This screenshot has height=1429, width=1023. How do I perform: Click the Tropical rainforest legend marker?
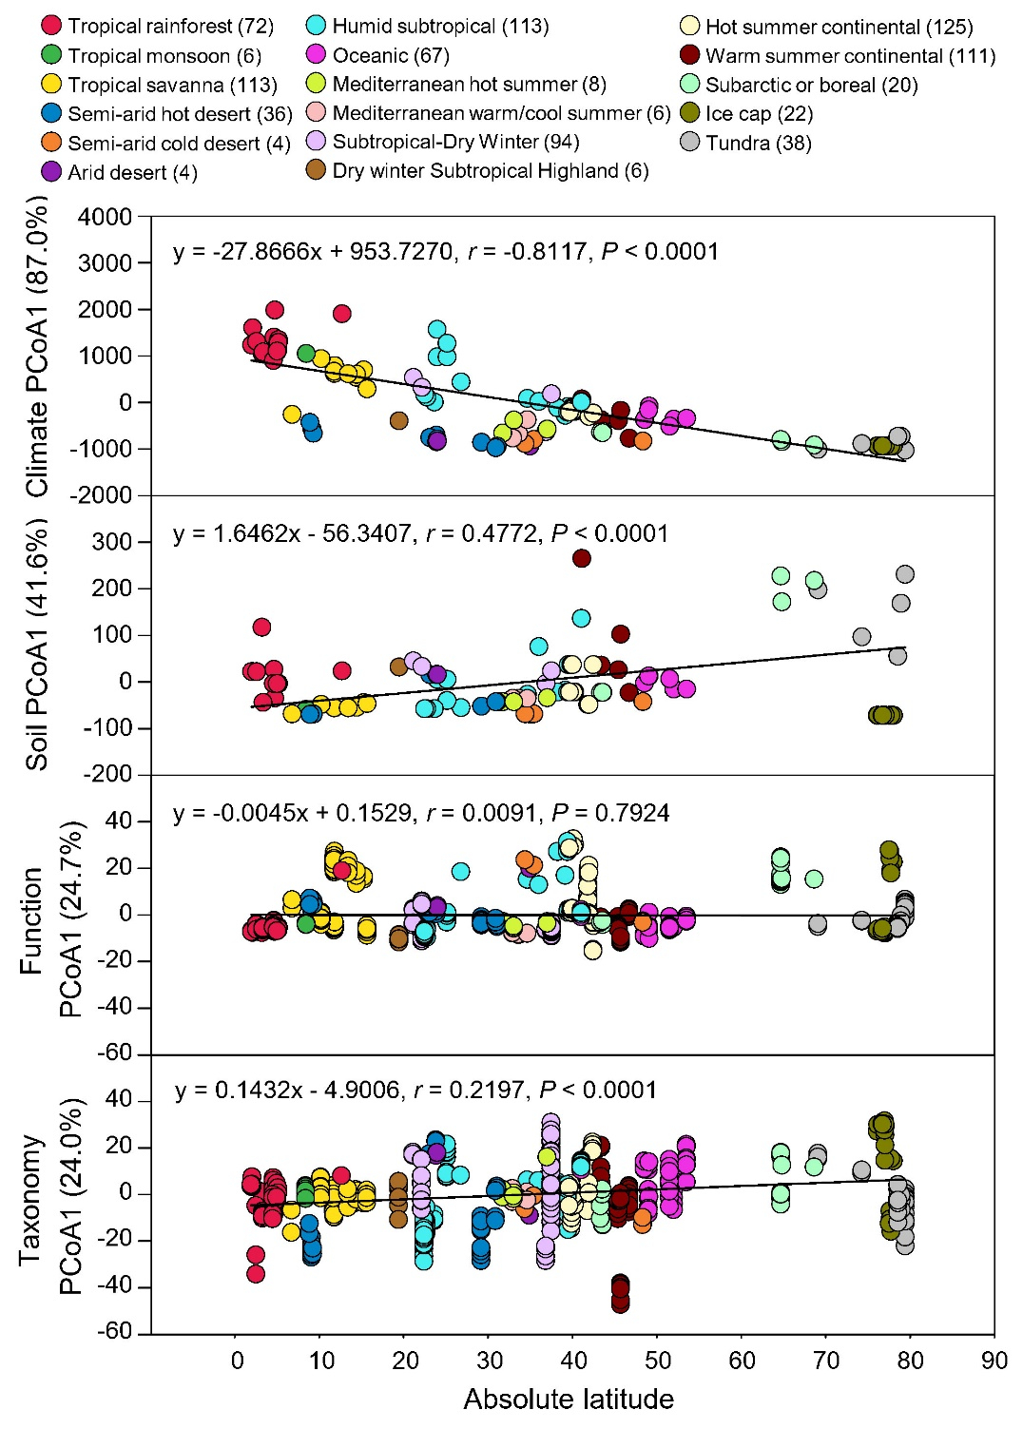(x=52, y=27)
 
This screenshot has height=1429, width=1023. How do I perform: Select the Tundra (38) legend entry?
(x=746, y=143)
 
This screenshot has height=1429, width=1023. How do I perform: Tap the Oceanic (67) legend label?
(x=391, y=55)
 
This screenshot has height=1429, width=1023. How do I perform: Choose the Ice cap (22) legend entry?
(x=746, y=114)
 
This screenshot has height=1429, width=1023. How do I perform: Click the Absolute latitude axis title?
(x=569, y=1400)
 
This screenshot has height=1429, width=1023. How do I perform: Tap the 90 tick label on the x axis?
(x=994, y=1361)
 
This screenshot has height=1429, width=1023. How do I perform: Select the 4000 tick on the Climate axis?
(x=106, y=217)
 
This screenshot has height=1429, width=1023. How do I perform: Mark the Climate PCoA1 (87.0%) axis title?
(x=37, y=346)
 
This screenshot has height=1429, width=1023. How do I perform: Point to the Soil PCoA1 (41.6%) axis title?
(x=37, y=644)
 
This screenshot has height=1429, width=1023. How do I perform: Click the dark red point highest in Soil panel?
(x=582, y=558)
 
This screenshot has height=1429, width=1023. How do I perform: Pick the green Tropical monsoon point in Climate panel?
(x=306, y=354)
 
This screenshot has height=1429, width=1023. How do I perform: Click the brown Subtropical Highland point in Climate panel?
(x=399, y=420)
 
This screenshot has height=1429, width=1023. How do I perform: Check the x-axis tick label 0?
(x=238, y=1361)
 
